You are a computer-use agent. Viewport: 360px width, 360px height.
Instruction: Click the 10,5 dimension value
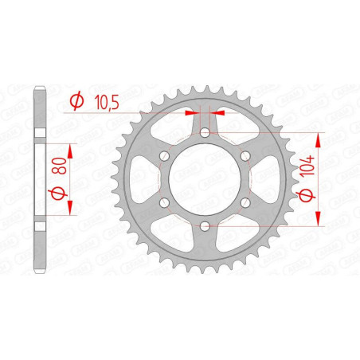(107, 102)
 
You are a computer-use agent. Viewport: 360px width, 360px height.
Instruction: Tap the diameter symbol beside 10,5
(76, 101)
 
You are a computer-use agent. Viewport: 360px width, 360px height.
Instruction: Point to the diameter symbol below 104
(307, 195)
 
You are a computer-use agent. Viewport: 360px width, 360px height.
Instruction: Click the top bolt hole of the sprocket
(205, 132)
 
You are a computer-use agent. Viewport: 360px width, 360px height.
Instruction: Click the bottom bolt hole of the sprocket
(205, 227)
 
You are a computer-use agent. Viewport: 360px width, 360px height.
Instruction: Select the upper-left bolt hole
(164, 156)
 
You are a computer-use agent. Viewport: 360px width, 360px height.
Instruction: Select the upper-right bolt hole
(245, 156)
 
